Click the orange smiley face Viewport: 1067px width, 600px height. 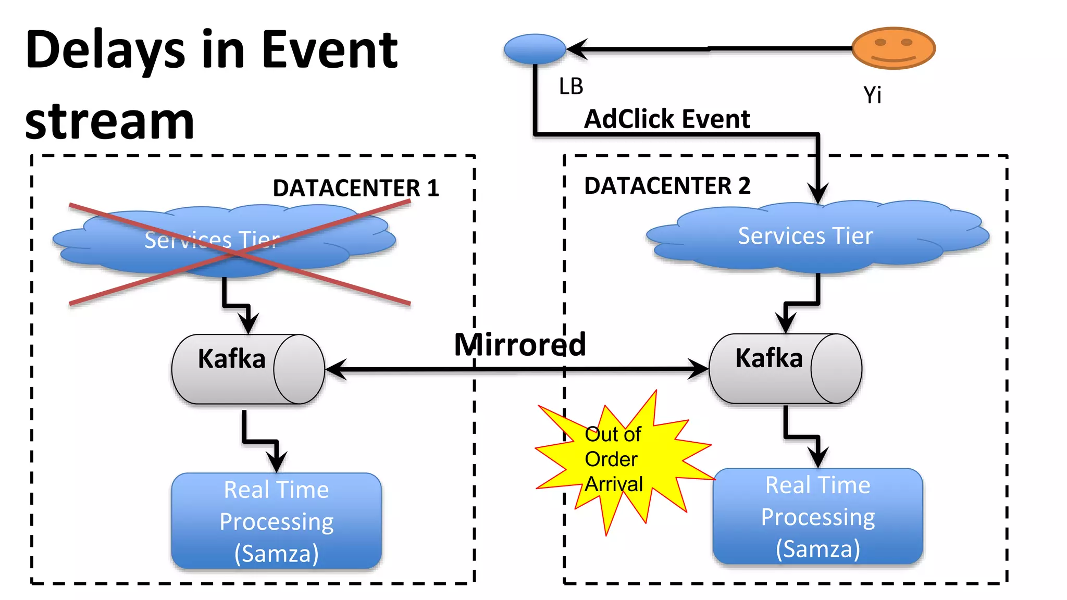coord(894,48)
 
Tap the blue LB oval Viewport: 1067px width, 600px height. coord(535,49)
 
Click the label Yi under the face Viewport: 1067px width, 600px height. coord(872,95)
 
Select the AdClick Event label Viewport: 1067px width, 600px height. coord(667,119)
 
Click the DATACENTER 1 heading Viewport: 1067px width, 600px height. coord(356,188)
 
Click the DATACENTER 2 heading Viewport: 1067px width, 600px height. coord(667,186)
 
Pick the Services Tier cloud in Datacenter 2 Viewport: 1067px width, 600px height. coord(817,236)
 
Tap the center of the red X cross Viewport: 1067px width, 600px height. coord(240,254)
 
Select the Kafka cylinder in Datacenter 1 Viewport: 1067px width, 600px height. coord(248,369)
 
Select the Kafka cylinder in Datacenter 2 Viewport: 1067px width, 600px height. coord(785,369)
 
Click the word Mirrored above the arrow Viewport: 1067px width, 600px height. coord(519,344)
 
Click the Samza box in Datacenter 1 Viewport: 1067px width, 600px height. coord(276,521)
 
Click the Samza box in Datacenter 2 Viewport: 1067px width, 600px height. coord(817,516)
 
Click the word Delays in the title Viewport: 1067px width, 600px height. coord(105,50)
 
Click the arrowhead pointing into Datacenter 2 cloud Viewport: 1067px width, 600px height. coord(818,193)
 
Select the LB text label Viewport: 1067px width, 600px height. coord(570,86)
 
